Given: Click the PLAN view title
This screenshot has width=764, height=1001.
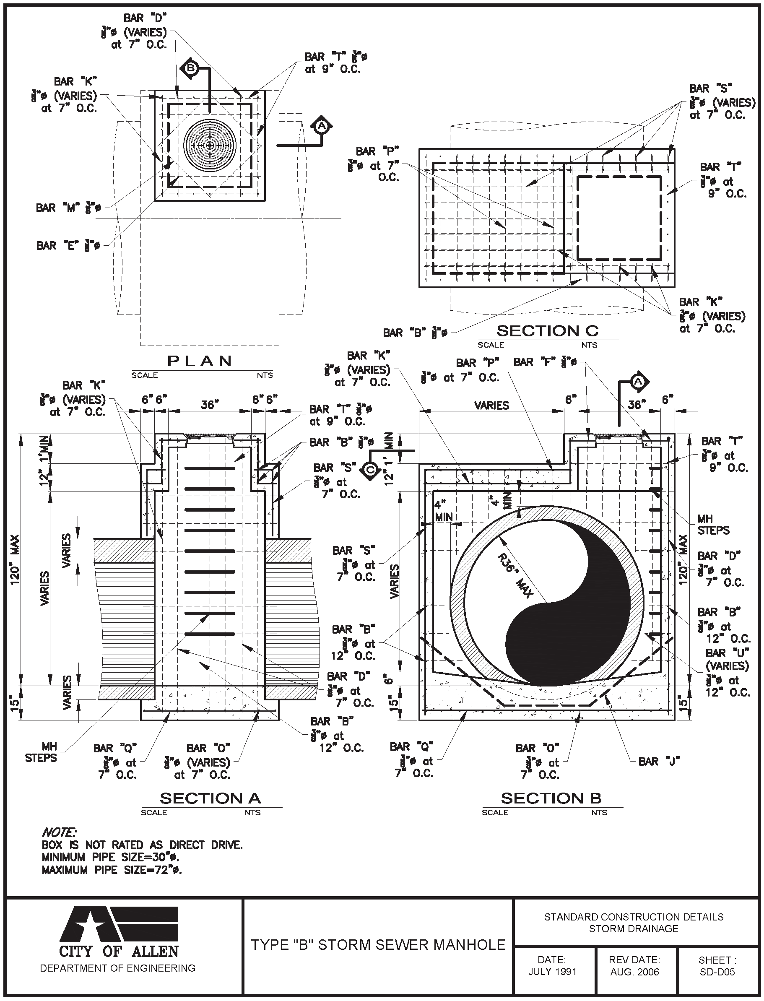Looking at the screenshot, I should point(200,361).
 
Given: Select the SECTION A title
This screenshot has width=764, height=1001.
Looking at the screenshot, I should point(210,798).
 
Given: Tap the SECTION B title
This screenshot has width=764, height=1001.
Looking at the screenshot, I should point(551,798).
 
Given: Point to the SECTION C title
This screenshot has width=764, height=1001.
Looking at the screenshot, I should point(548,330).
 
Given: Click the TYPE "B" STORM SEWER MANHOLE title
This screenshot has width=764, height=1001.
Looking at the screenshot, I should point(378,945).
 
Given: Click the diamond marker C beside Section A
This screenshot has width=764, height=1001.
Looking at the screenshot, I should point(371,470).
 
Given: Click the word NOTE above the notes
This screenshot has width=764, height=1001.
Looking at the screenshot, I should point(59,832).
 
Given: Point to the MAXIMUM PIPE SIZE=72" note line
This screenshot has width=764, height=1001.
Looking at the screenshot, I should point(112,870).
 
